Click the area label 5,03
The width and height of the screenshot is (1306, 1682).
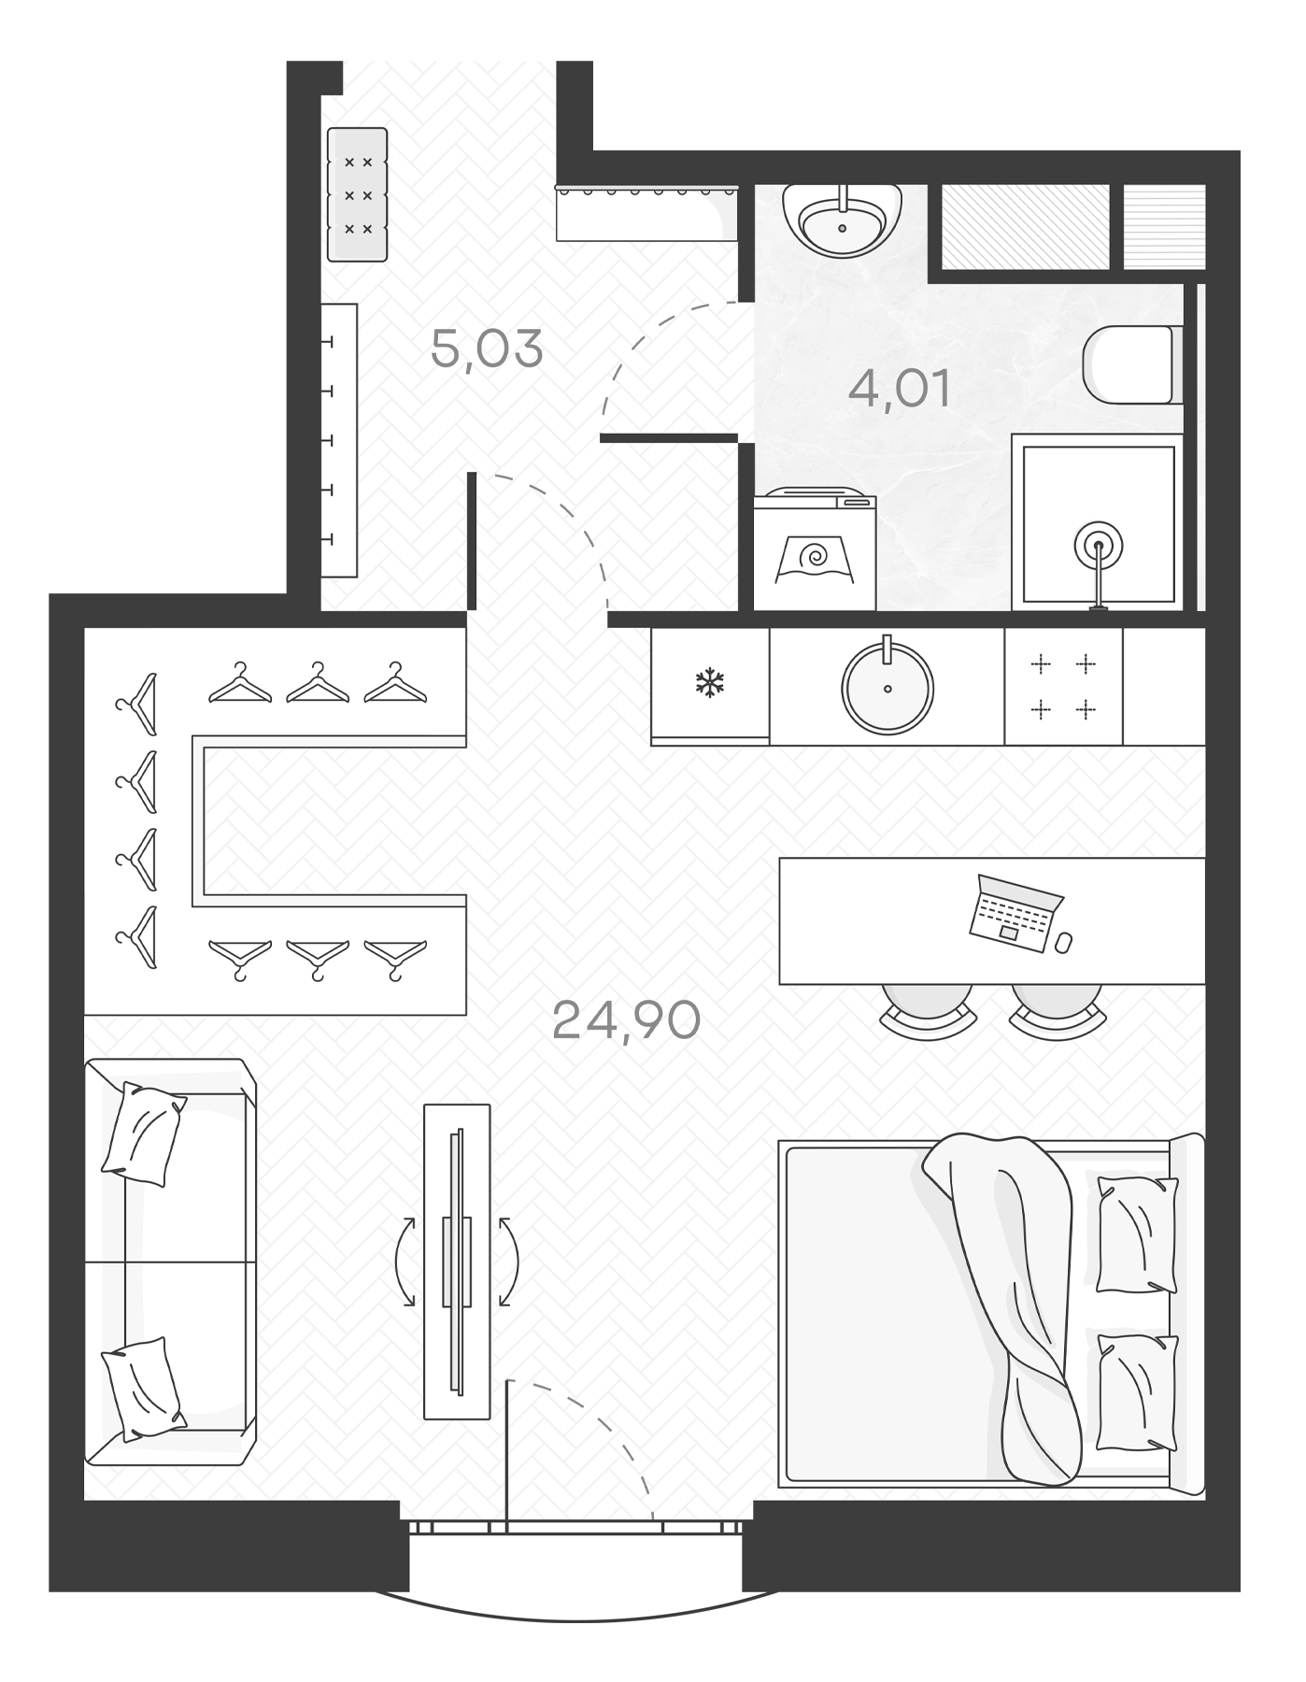(487, 349)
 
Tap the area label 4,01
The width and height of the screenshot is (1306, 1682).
(899, 389)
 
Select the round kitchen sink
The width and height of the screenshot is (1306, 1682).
(887, 688)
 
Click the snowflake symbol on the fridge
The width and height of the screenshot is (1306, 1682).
(710, 683)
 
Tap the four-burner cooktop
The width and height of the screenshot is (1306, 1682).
(1063, 687)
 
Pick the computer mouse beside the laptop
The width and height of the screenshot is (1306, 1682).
(1063, 943)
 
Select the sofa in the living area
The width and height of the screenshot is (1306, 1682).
(170, 1261)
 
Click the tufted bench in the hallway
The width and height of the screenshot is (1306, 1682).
(358, 194)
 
